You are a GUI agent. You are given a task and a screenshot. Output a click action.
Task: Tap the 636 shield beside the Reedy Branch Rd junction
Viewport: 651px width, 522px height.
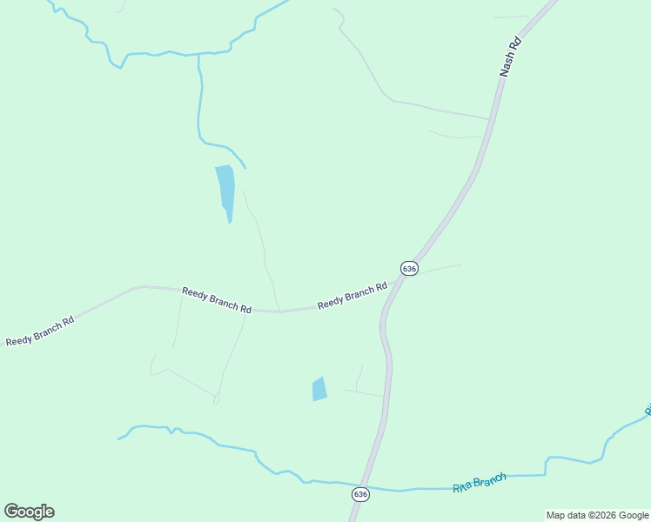coord(409,268)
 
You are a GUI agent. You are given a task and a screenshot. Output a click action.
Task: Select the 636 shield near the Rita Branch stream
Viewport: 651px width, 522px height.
coord(360,494)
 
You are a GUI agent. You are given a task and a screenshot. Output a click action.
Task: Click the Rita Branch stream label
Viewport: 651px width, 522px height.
coord(479,483)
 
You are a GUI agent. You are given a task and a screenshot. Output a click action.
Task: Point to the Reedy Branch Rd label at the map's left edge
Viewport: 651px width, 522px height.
coord(39,331)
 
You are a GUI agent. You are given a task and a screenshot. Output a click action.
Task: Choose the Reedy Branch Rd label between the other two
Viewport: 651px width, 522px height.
coord(217,300)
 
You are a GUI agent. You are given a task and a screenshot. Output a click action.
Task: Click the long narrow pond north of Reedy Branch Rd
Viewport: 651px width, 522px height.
coord(225,187)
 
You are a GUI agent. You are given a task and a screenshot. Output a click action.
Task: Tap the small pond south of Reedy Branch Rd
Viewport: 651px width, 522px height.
coord(319,389)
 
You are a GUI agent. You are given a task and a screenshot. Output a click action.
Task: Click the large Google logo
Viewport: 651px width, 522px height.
coord(29,512)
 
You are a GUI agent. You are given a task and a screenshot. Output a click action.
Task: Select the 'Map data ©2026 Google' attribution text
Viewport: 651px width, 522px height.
coord(598,515)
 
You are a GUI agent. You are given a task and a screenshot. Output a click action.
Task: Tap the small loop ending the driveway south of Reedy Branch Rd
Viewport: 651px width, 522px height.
coord(216,399)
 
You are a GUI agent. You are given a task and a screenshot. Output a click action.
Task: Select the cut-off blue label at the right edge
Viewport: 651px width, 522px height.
coord(647,409)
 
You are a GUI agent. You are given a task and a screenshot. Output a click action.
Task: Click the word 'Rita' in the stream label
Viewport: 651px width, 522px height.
coord(462,487)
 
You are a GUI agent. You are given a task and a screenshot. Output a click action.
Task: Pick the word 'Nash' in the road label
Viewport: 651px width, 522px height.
coord(507,68)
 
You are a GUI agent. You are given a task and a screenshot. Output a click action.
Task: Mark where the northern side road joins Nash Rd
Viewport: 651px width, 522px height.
coord(489,118)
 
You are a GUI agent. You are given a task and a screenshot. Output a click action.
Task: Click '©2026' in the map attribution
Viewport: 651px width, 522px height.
coord(602,515)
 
